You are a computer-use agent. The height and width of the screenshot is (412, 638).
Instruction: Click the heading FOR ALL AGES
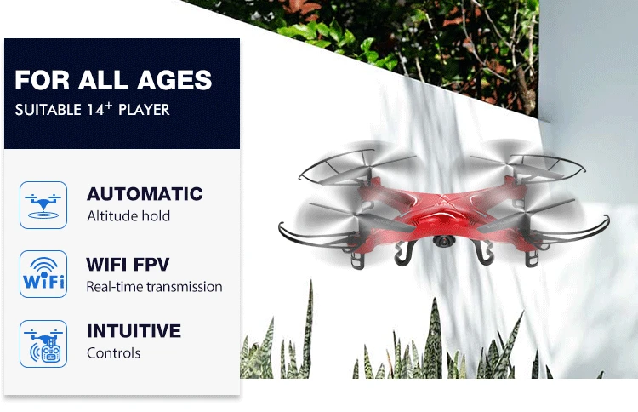point(113,81)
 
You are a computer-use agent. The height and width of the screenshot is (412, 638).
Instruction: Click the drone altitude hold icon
point(43,204)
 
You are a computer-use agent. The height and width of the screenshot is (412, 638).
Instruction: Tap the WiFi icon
point(43,273)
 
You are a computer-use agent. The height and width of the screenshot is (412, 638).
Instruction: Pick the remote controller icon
point(43,342)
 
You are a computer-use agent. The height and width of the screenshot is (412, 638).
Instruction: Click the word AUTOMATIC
point(145,194)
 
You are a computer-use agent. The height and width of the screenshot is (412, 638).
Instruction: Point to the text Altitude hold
point(128,216)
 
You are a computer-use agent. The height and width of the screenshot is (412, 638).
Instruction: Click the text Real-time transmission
point(154,287)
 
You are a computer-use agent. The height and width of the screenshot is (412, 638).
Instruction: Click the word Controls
point(114,352)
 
